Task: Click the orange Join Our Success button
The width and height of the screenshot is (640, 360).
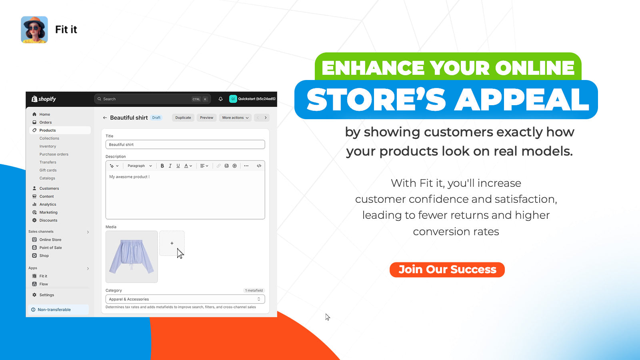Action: point(447,270)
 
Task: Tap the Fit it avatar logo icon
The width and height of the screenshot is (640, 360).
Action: point(34,30)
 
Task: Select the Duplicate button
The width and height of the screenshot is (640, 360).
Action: point(183,118)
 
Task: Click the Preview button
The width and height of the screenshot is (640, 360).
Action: point(206,118)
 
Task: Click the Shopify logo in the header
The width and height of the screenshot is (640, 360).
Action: point(44,99)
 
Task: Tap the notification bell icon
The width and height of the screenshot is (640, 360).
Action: point(220,99)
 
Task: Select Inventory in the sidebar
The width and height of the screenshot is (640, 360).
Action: point(48,146)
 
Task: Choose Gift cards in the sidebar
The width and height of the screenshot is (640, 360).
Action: point(48,170)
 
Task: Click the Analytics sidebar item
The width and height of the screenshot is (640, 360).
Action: point(48,204)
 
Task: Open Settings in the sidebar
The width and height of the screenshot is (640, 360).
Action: point(46,295)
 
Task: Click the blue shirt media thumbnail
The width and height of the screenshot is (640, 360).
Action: point(132,256)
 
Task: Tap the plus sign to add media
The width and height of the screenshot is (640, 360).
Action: point(172,243)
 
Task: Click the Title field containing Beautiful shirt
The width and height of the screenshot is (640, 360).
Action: point(185,144)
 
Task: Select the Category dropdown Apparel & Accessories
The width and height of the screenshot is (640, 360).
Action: point(185,299)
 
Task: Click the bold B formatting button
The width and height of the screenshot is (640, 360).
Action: point(162,166)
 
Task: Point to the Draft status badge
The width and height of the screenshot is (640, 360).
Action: point(156,118)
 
